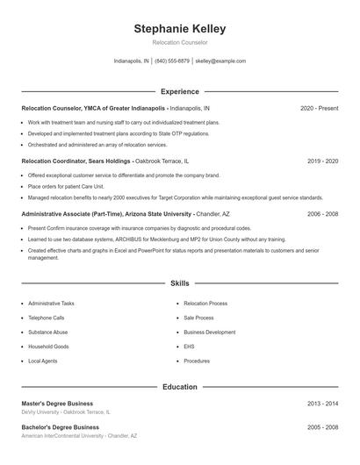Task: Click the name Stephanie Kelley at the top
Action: point(179,28)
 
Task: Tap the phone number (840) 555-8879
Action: point(172,61)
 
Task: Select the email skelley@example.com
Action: point(220,61)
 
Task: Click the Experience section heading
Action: point(179,91)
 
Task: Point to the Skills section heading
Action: point(179,284)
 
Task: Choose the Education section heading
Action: point(179,386)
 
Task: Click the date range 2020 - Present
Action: point(319,108)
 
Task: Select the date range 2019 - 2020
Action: point(322,161)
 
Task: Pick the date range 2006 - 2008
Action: point(322,214)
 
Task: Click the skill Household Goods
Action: point(48,347)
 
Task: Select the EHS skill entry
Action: point(189,347)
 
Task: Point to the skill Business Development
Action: point(209,333)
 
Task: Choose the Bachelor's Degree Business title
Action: point(61,427)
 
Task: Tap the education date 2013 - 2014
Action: point(322,403)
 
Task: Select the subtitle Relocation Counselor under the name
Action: point(179,42)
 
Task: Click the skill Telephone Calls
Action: point(46,318)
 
